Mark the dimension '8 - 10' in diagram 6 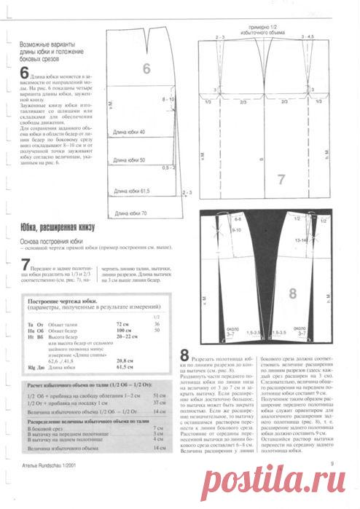pyautogui.click(x=168, y=98)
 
